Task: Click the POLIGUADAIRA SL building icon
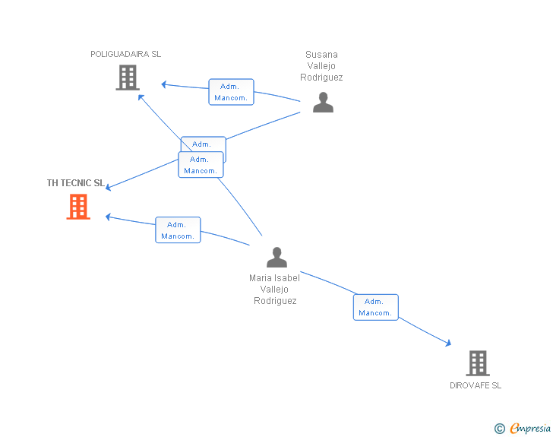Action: (128, 78)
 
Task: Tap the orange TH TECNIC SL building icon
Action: (78, 207)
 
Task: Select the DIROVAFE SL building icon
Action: (478, 363)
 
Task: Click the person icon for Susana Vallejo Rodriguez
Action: (323, 103)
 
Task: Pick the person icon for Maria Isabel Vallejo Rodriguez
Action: (276, 258)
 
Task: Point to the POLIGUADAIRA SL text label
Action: (126, 54)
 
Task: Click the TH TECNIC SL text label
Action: (75, 183)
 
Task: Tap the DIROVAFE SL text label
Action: (476, 385)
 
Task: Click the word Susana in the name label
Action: (321, 55)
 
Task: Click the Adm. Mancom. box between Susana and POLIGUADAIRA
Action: (231, 92)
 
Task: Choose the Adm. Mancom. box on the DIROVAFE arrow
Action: (375, 307)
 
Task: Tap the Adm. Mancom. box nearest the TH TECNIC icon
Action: (178, 230)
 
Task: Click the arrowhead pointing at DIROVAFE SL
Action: (449, 343)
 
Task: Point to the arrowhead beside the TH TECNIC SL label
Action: (109, 188)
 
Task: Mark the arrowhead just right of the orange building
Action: (109, 217)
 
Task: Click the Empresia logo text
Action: (530, 428)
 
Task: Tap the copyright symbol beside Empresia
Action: (499, 429)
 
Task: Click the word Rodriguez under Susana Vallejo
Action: (321, 78)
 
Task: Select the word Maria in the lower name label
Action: (260, 278)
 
